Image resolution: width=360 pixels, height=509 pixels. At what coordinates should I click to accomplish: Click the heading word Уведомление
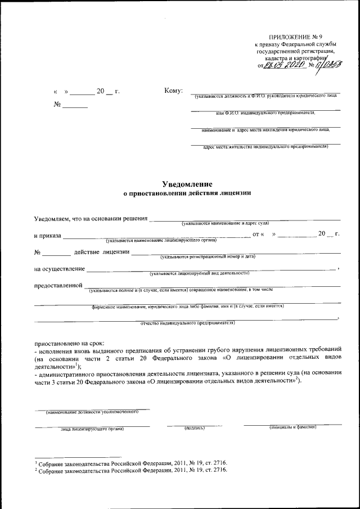pyautogui.click(x=187, y=183)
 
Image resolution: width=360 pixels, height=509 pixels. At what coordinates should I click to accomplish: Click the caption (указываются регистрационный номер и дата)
pyautogui.click(x=208, y=256)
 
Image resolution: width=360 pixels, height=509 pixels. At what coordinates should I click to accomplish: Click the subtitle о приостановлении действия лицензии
pyautogui.click(x=187, y=193)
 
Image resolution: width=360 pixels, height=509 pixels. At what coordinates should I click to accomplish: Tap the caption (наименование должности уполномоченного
pyautogui.click(x=93, y=412)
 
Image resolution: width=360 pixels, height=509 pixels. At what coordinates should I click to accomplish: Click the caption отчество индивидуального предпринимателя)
pyautogui.click(x=187, y=323)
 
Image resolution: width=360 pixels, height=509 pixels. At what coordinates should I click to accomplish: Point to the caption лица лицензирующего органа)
pyautogui.click(x=92, y=429)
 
